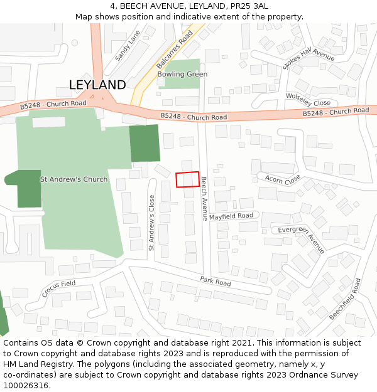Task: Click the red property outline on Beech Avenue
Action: pyautogui.click(x=187, y=179)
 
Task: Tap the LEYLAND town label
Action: pyautogui.click(x=97, y=85)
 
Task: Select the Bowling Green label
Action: pyautogui.click(x=182, y=74)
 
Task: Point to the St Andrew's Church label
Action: pyautogui.click(x=74, y=179)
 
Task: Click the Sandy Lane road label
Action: pyautogui.click(x=123, y=48)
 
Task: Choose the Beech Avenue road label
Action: pyautogui.click(x=204, y=198)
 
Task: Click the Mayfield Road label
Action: pyautogui.click(x=231, y=216)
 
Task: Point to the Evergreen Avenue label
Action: pyautogui.click(x=302, y=239)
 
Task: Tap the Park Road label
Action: pyautogui.click(x=216, y=281)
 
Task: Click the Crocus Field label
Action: pyautogui.click(x=58, y=288)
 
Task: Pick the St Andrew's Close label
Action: pyautogui.click(x=151, y=223)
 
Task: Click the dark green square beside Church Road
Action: pyautogui.click(x=145, y=143)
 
